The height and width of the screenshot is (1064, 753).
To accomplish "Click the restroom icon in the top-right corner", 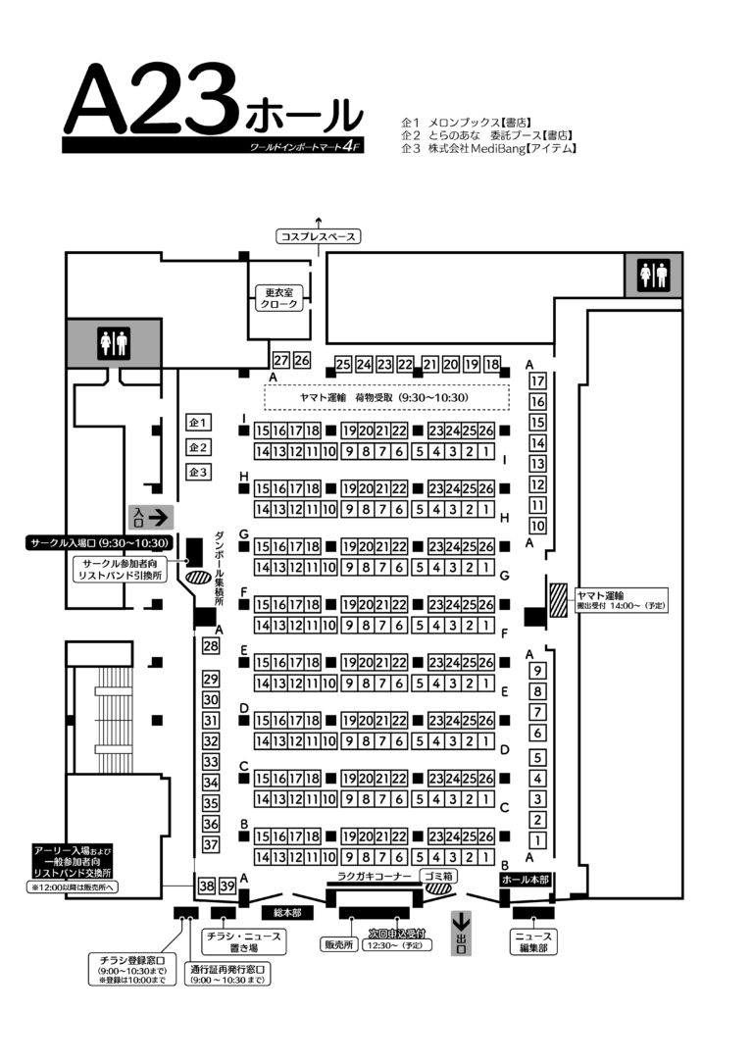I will [x=653, y=274].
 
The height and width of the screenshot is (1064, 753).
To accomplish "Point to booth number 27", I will [x=281, y=360].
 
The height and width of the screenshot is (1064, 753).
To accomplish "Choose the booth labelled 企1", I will [x=199, y=423].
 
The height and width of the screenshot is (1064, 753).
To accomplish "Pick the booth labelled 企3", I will [x=199, y=473].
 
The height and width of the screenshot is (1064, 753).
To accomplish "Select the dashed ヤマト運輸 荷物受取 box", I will [x=386, y=398].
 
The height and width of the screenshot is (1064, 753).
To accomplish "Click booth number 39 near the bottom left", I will [x=227, y=887].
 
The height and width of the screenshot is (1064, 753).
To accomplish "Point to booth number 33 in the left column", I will [x=210, y=762].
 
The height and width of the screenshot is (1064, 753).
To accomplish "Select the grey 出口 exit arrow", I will [x=461, y=934].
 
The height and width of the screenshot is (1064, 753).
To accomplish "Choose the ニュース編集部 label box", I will [x=533, y=942].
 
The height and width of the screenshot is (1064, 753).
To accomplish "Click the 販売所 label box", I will [x=337, y=945].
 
